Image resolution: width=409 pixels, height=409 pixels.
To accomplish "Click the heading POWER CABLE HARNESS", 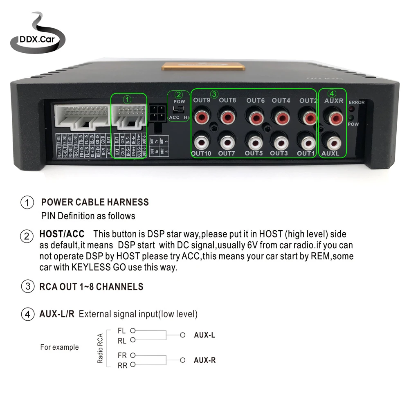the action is [x=95, y=202].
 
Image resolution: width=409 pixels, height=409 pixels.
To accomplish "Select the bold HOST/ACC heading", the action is [x=62, y=234].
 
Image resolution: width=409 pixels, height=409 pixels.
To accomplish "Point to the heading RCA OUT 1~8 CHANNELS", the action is [x=91, y=287].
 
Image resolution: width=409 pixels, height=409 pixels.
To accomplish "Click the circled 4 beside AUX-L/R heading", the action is [x=27, y=315].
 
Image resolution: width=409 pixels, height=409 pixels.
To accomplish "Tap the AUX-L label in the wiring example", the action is [x=204, y=335].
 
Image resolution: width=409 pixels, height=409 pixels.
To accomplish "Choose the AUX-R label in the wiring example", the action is [x=204, y=360].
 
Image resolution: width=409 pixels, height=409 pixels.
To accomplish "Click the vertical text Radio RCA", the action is [x=100, y=348].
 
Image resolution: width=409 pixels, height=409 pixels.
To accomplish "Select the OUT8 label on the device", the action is [x=227, y=100].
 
